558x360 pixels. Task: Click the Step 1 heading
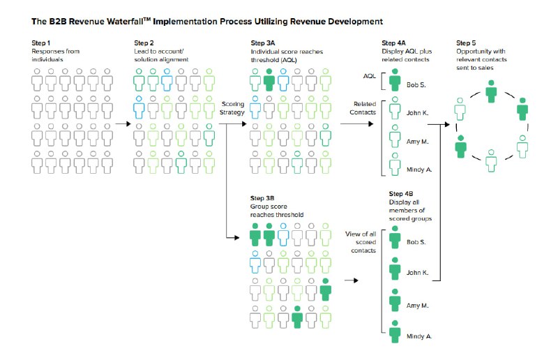coord(41,43)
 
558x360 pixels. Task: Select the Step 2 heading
coord(144,43)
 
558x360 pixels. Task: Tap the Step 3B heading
coord(262,198)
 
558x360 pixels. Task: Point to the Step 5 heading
coord(466,43)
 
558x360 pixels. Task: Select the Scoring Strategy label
coord(232,108)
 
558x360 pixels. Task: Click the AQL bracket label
coord(370,76)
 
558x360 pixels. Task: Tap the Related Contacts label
coord(363,108)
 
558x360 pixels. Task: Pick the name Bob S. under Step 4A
coord(416,84)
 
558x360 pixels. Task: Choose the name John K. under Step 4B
coord(417,273)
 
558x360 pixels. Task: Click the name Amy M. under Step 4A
coord(417,142)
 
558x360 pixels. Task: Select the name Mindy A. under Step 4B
coord(419,336)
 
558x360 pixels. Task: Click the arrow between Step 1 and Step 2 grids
coord(123,124)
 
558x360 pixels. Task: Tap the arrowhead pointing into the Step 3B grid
coord(237,237)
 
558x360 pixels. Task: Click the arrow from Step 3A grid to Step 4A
coord(357,124)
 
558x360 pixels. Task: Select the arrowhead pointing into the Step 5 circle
coord(447,124)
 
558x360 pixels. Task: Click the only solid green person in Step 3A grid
coord(269,80)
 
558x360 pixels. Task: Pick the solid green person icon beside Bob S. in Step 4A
coord(395,80)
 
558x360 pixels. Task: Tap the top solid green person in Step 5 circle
coord(492,91)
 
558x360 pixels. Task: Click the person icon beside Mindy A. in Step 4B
coord(395,331)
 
